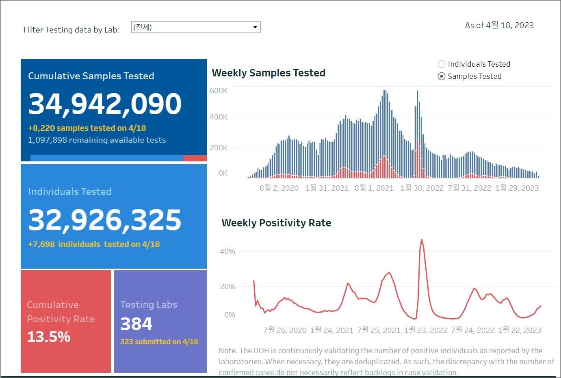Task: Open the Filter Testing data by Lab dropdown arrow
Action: (255, 27)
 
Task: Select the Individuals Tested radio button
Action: (442, 64)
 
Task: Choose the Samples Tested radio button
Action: (442, 76)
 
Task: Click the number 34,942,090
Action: (105, 104)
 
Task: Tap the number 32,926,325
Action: (105, 220)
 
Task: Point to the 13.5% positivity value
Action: (49, 337)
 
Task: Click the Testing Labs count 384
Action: (136, 324)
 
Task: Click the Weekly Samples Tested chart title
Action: (269, 73)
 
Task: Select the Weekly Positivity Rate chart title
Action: (276, 223)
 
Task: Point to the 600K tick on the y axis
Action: (219, 91)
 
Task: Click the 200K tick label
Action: (219, 148)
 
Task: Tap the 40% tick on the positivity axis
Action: (227, 252)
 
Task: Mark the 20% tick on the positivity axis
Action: (227, 287)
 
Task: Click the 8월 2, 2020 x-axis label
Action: (279, 188)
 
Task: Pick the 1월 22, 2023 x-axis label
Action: (520, 330)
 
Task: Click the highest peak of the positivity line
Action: (422, 240)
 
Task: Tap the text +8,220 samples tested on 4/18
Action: (87, 128)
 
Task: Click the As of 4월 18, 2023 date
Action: (499, 25)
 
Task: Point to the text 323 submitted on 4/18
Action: (159, 341)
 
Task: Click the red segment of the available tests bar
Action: (195, 158)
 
